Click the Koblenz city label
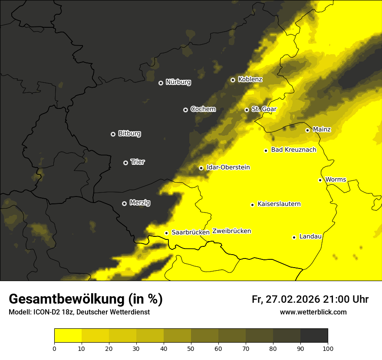[x=250, y=80]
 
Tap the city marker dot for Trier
[x=126, y=163]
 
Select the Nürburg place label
[x=178, y=82]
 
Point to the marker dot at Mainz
[x=307, y=130]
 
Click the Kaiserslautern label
[x=279, y=204]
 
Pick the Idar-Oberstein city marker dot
[x=201, y=168]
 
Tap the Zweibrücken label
[x=231, y=231]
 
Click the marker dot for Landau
[x=294, y=237]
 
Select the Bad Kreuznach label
[x=293, y=150]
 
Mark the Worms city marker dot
[x=320, y=180]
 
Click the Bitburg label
[x=129, y=134]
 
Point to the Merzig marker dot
[x=124, y=203]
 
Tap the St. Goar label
[x=264, y=109]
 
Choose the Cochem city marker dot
[x=185, y=110]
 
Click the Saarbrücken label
[x=191, y=232]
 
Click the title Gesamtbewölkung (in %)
[x=86, y=299]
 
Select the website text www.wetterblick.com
[x=313, y=312]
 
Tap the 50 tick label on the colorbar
[x=191, y=348]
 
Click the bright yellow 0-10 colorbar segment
[x=68, y=336]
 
